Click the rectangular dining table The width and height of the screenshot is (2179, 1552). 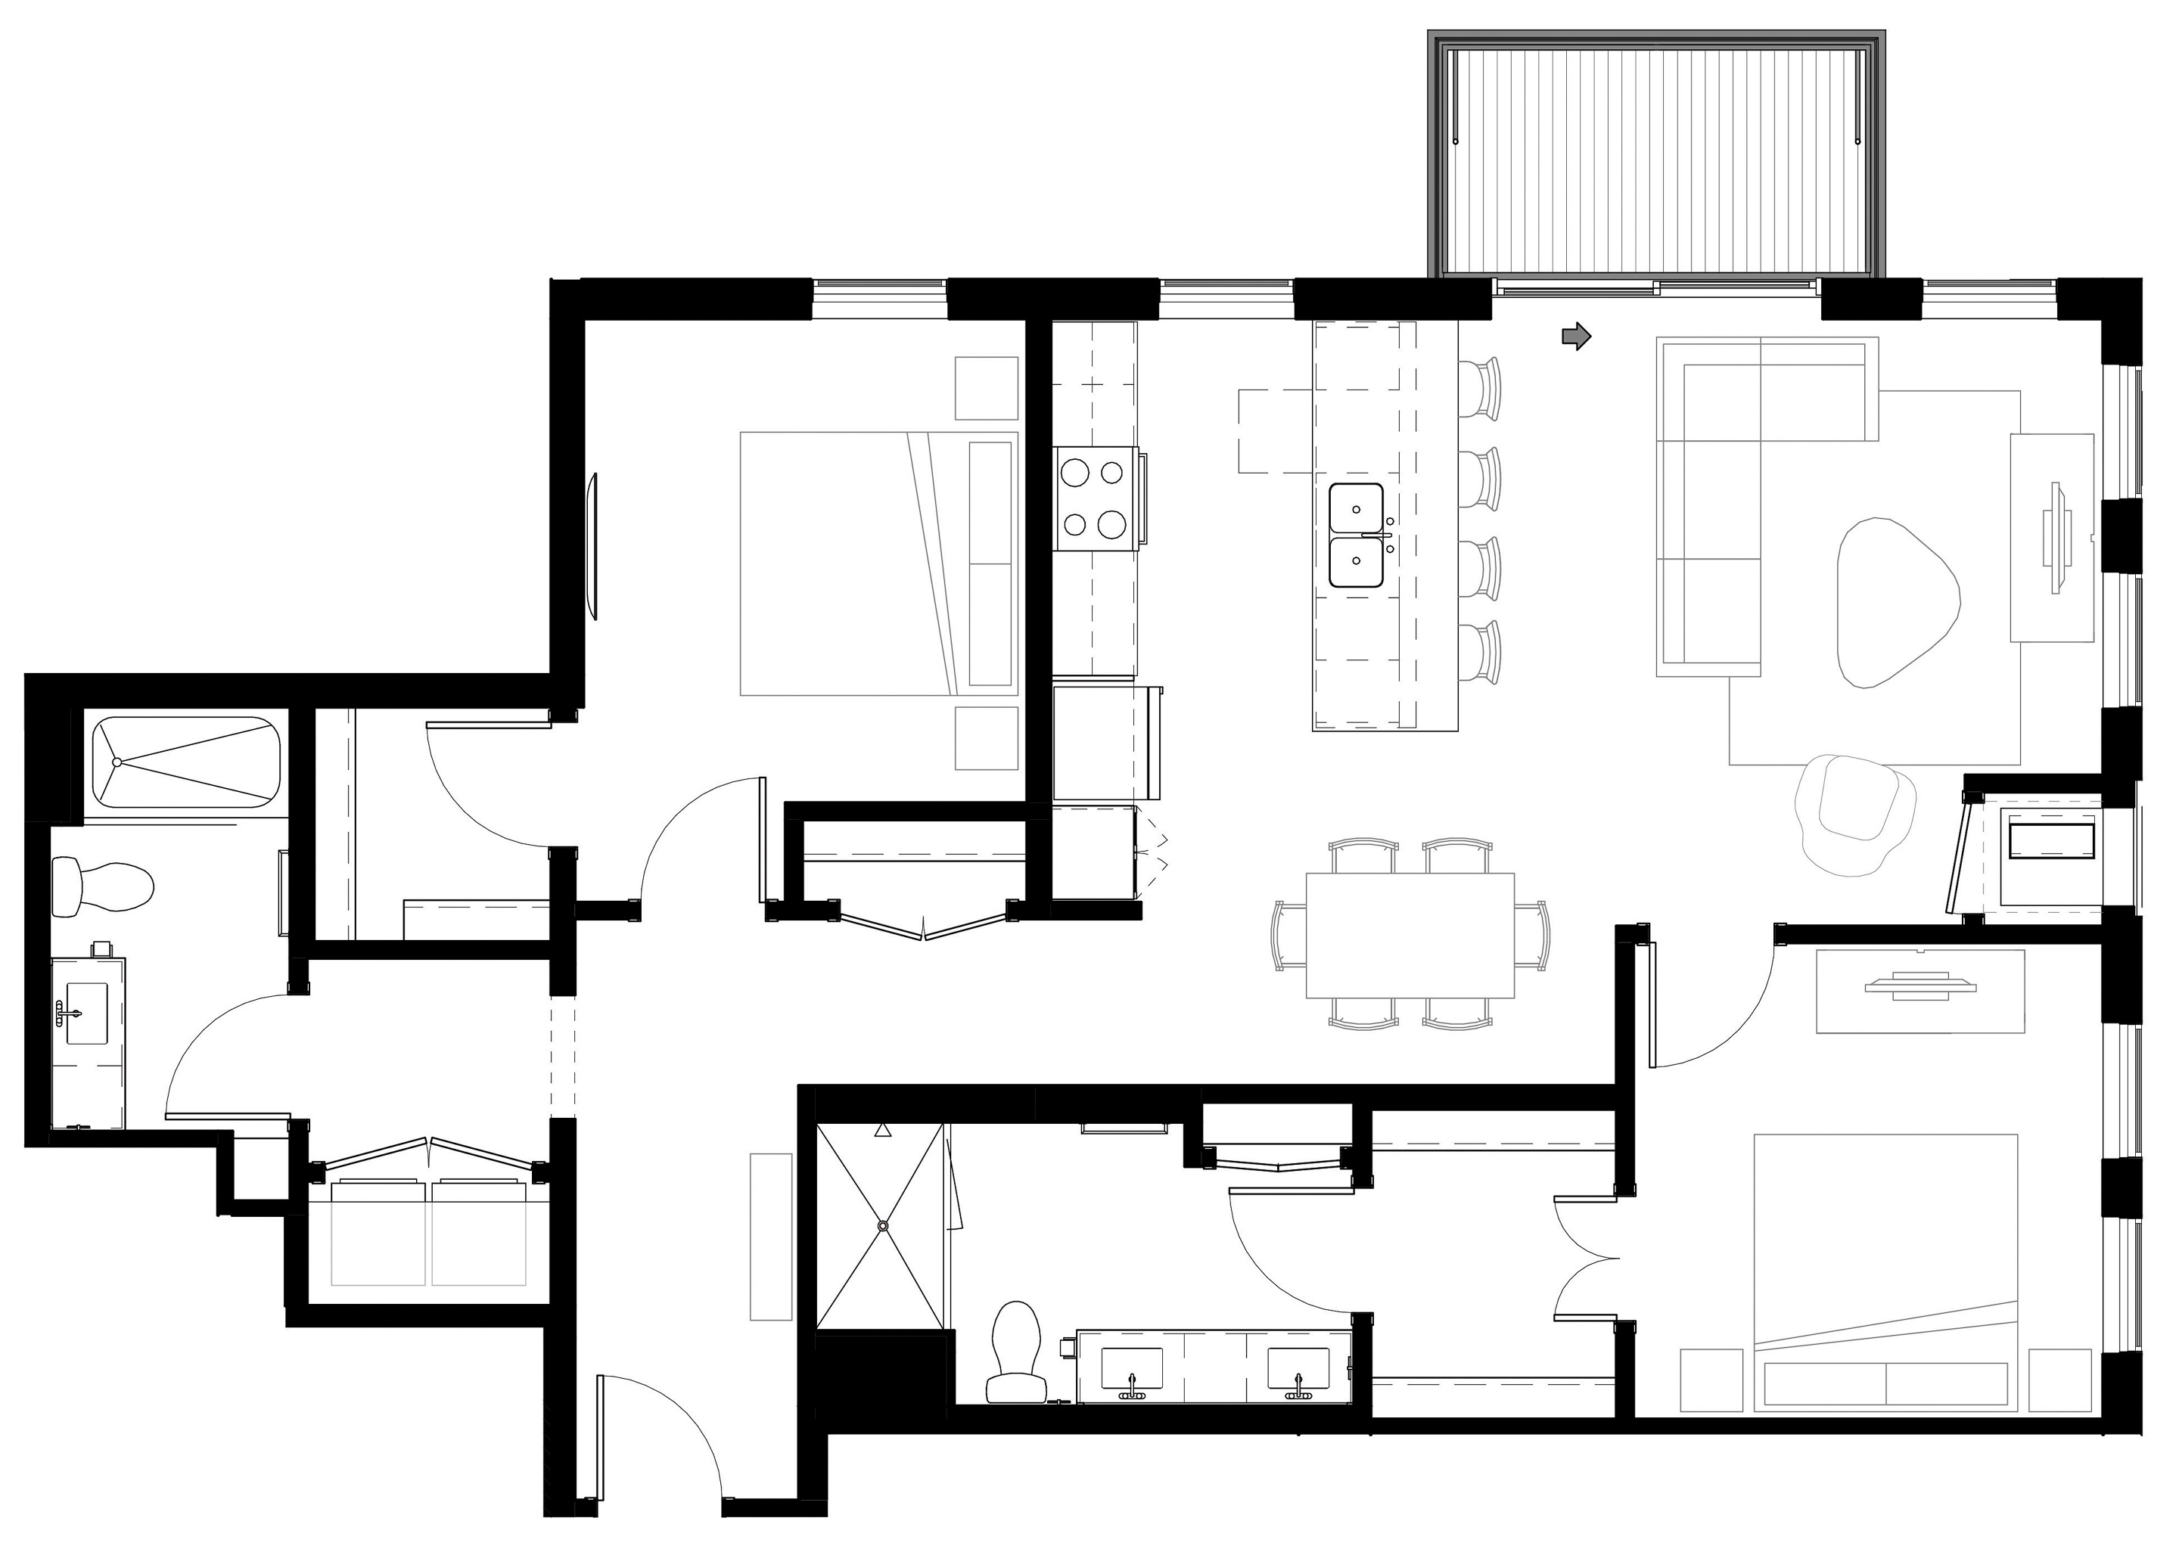pos(1410,935)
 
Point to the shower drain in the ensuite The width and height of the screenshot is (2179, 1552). pos(883,1225)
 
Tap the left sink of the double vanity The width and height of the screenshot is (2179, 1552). pos(1132,1368)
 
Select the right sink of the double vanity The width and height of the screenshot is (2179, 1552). pos(1298,1368)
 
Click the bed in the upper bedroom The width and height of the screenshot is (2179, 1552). pos(878,563)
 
